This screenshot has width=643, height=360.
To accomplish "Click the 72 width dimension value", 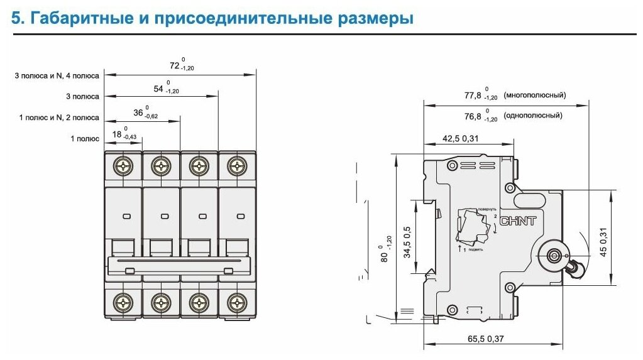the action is (175, 65).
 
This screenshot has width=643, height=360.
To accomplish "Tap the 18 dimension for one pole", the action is (118, 134).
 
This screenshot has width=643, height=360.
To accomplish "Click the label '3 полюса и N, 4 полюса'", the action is (57, 76).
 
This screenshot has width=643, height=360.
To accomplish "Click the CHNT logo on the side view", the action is (518, 221).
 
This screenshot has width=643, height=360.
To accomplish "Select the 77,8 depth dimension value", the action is (472, 95).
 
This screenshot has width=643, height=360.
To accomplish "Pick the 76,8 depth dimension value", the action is (472, 116).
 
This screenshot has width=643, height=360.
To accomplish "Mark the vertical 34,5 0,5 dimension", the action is (407, 242).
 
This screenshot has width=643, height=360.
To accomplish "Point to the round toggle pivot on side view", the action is (555, 256).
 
